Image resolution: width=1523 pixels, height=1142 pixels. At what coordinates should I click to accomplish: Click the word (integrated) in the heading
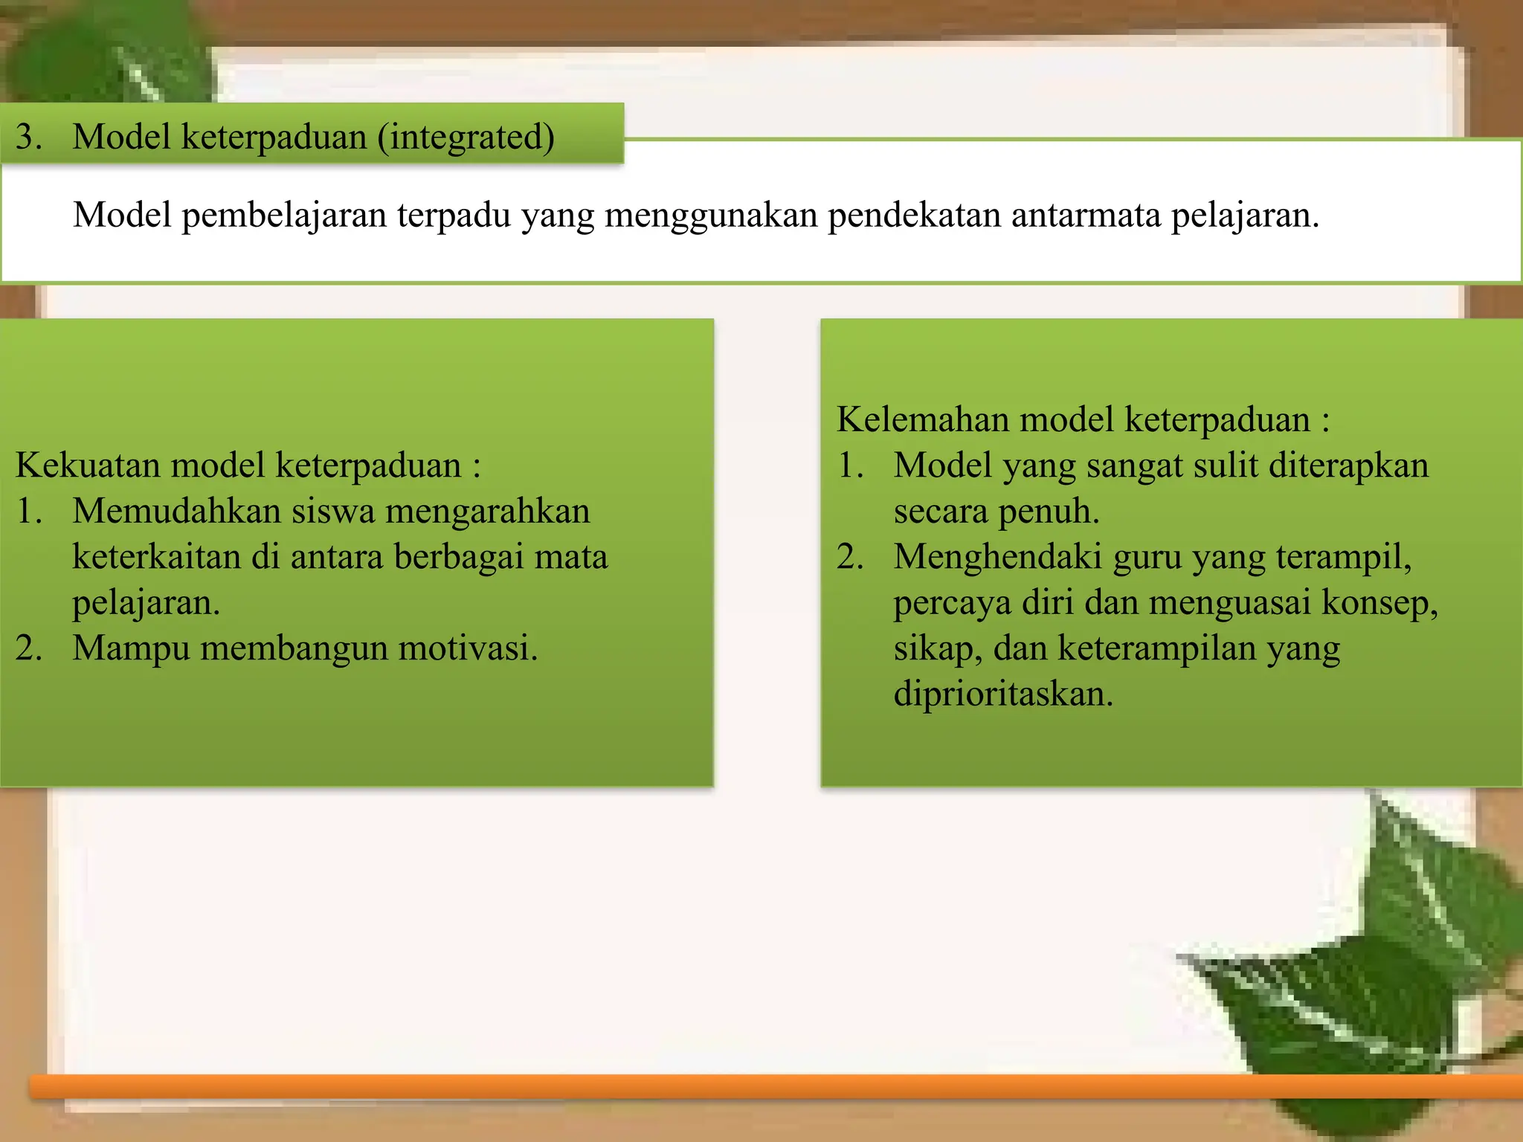pyautogui.click(x=466, y=138)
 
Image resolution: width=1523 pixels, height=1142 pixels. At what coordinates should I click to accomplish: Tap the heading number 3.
pyautogui.click(x=28, y=138)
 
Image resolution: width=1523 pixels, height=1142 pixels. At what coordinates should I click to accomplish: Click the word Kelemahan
pyautogui.click(x=922, y=420)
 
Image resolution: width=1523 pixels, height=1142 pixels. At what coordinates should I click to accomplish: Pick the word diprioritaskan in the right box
pyautogui.click(x=1003, y=694)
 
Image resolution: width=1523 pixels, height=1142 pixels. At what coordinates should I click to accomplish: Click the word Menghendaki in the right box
pyautogui.click(x=997, y=557)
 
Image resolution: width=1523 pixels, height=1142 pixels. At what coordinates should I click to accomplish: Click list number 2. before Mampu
pyautogui.click(x=28, y=648)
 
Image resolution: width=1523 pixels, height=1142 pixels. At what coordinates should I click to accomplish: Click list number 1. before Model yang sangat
pyautogui.click(x=850, y=466)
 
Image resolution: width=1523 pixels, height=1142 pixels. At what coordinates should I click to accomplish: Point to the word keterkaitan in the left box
pyautogui.click(x=155, y=557)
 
